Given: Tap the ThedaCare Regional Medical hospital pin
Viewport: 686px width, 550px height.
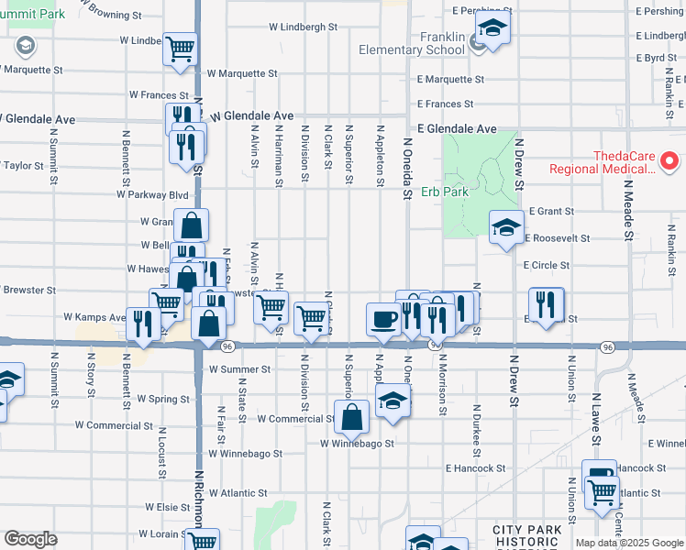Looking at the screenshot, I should click(669, 162).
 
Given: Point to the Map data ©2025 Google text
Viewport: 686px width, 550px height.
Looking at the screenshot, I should click(628, 543).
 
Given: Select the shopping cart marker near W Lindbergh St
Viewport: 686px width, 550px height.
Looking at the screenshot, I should click(180, 49).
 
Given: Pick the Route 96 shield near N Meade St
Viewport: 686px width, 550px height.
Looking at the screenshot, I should click(607, 346).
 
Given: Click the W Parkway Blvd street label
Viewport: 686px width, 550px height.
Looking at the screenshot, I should click(152, 194).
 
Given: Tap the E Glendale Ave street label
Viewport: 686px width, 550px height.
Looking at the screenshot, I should click(457, 129).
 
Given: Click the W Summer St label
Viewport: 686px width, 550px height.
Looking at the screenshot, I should click(239, 369).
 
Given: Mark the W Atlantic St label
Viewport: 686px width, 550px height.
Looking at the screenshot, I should click(238, 492).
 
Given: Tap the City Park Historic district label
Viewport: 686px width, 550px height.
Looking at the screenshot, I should click(526, 536).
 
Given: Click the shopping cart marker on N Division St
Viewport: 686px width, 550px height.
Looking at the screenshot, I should click(312, 318).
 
